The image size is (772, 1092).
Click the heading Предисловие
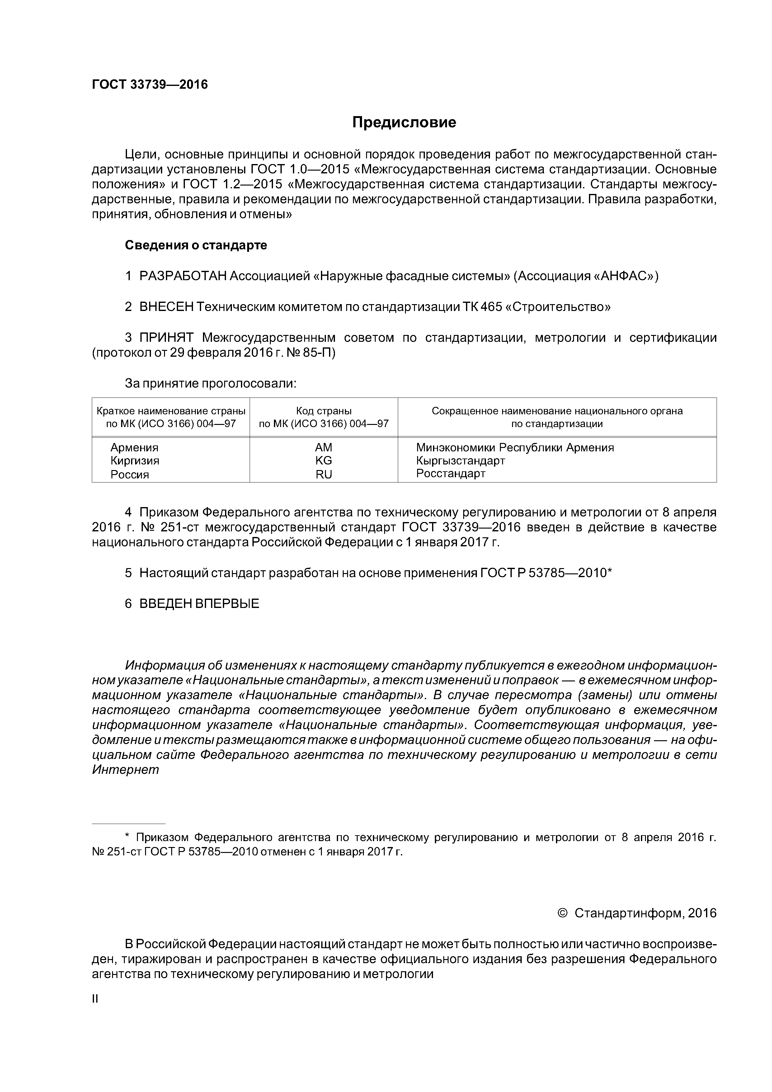coord(404,123)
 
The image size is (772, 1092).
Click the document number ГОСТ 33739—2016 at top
coord(150,85)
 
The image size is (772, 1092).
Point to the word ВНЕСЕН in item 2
coord(167,307)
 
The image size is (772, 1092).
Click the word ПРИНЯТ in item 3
coord(167,338)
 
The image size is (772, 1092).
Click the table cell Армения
coord(134,448)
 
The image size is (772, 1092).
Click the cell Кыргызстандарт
coord(460,460)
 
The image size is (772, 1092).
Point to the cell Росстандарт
coord(450,473)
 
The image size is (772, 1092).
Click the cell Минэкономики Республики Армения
coord(515,448)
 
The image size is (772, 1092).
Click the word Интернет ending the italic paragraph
coord(125,770)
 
